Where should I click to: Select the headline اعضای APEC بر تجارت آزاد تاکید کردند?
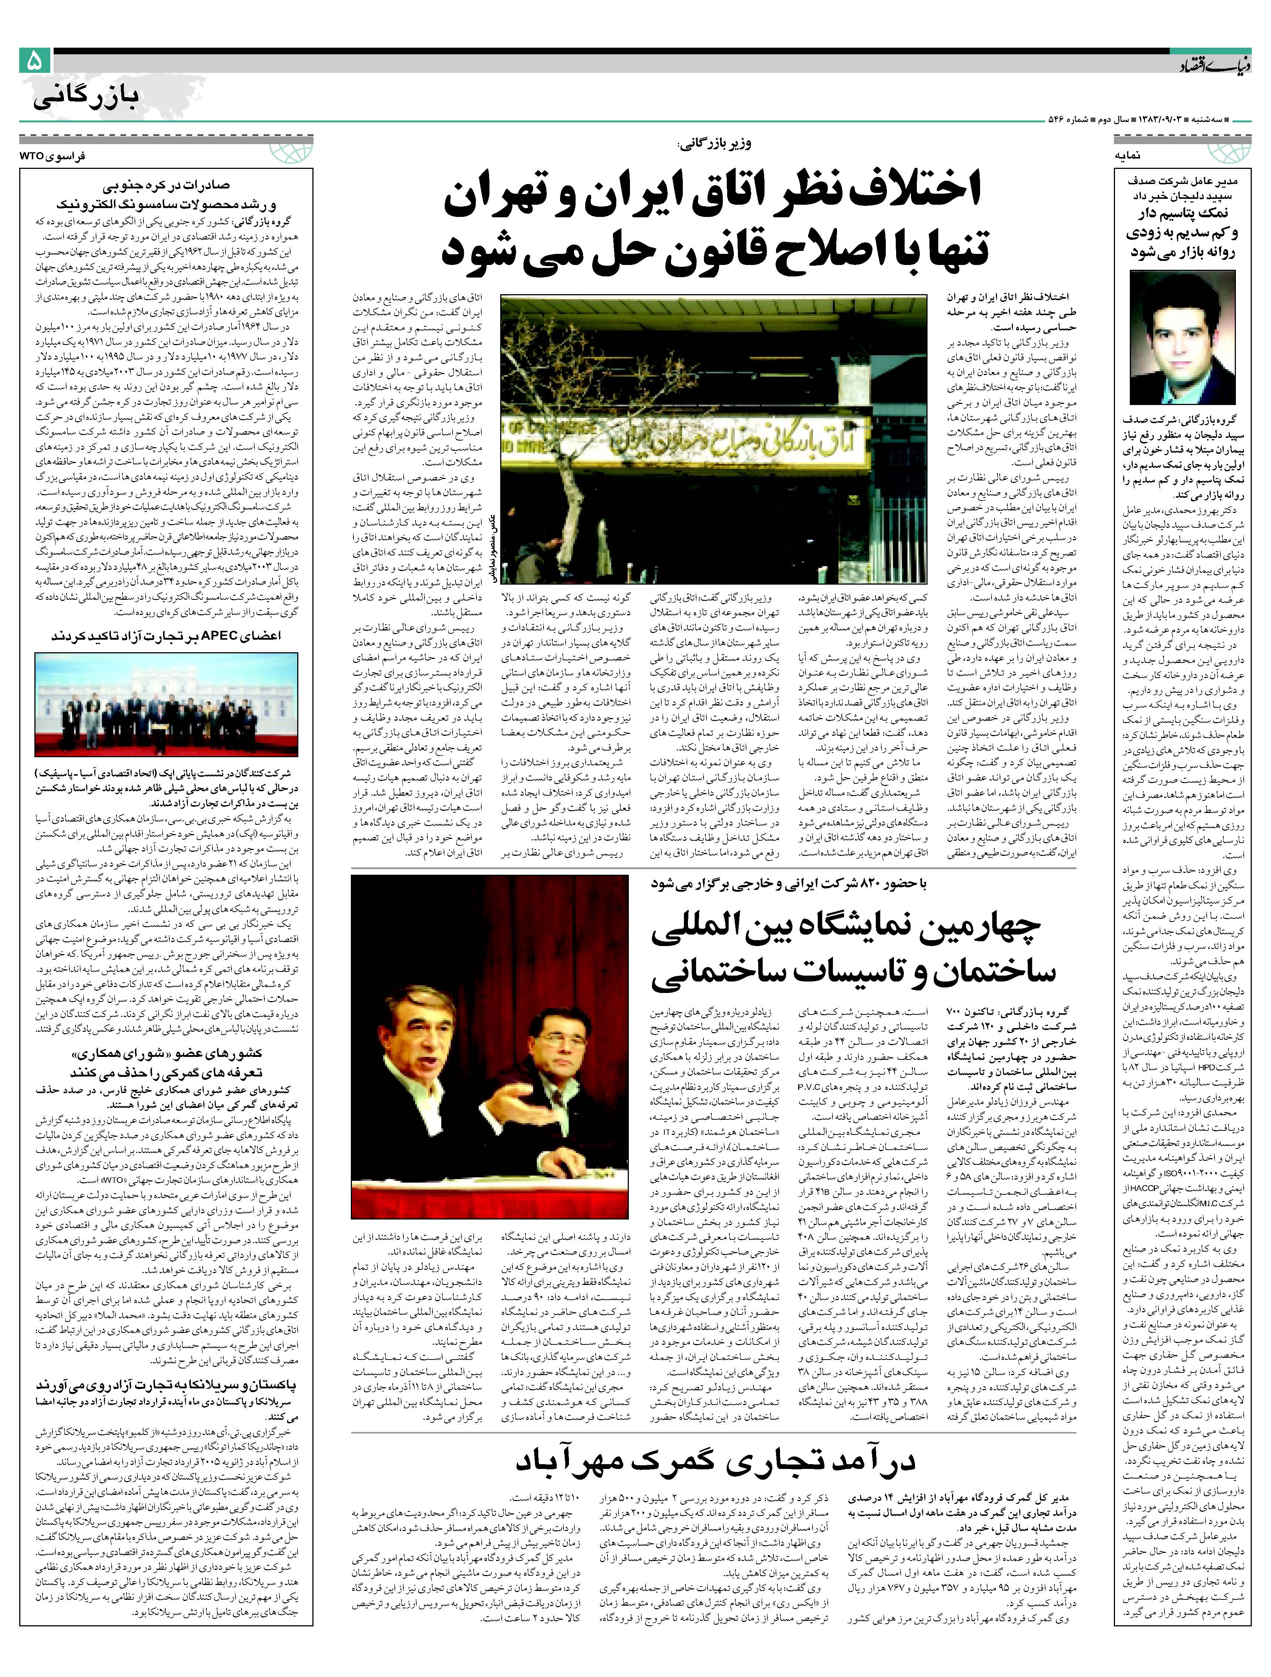coord(166,635)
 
